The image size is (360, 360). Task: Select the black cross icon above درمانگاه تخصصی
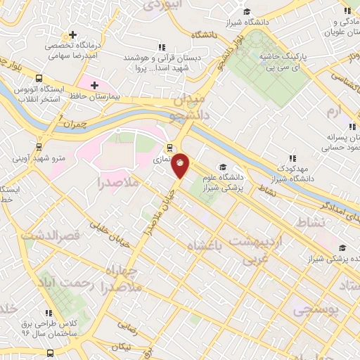[x=72, y=34]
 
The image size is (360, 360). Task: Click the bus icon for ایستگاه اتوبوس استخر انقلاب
[x=39, y=79]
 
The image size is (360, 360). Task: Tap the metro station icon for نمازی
[x=169, y=148]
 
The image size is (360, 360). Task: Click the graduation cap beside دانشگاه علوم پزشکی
[x=222, y=167]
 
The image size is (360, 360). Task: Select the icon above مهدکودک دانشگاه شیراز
[x=293, y=159]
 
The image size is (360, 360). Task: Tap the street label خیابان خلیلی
[x=113, y=226]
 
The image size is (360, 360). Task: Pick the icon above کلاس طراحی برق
[x=48, y=314]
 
